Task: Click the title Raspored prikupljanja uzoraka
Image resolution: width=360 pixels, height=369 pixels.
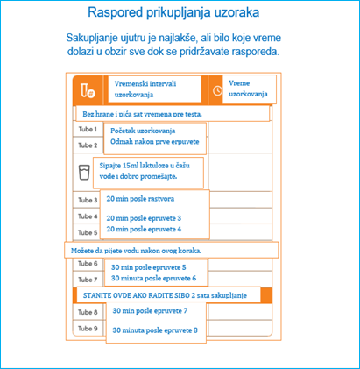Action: point(180,15)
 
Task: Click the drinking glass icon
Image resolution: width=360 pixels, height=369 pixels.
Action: point(85,172)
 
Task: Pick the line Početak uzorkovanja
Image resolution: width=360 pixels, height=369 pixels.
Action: point(140,130)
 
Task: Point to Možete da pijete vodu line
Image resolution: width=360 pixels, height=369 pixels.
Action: point(137,250)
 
